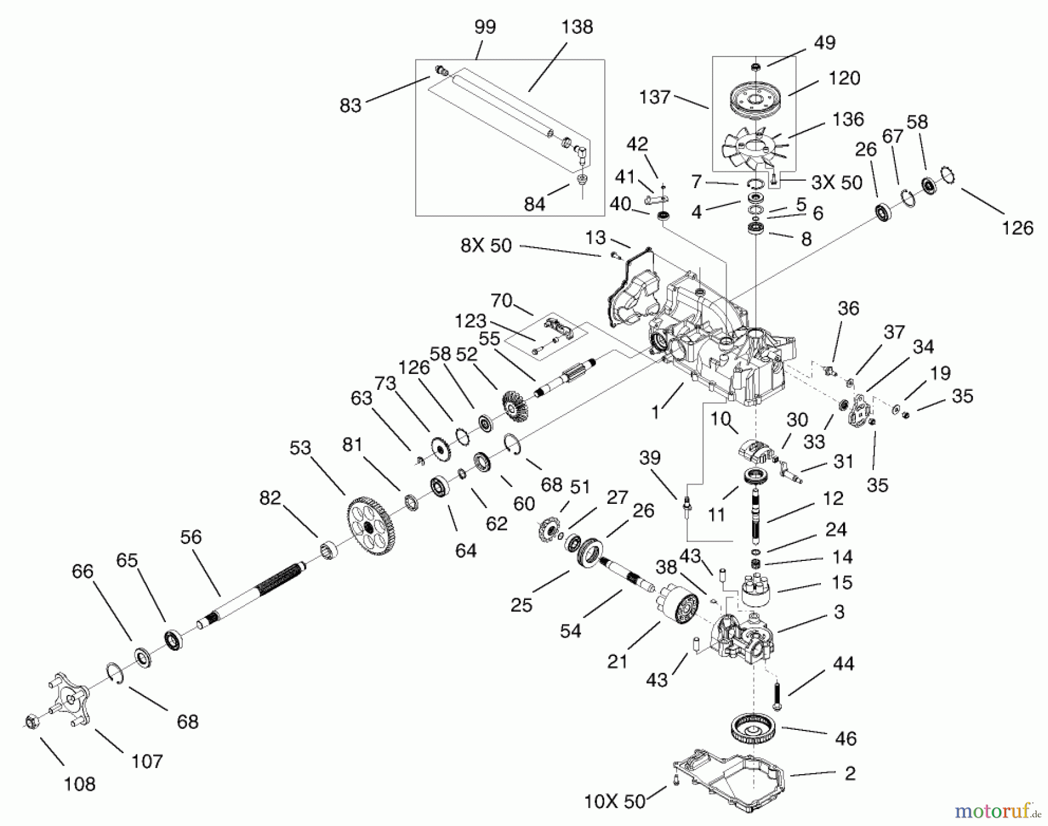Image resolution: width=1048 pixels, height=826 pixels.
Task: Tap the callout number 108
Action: click(79, 784)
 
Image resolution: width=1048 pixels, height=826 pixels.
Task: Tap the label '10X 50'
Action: click(615, 802)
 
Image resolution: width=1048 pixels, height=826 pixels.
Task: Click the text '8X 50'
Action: click(486, 245)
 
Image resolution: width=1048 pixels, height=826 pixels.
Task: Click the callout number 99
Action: click(484, 27)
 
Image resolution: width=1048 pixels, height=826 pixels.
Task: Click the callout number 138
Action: click(577, 27)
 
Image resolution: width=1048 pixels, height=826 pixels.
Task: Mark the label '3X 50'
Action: click(837, 182)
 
